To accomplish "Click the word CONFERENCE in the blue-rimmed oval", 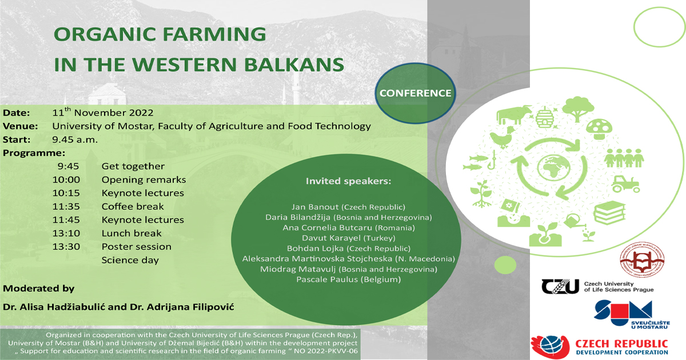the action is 415,93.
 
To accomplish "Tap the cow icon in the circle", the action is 514,114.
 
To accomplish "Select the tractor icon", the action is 625,184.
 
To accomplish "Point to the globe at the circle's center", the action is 553,168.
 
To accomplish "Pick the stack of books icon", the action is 609,213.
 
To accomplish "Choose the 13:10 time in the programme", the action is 66,233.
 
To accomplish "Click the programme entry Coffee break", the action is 133,206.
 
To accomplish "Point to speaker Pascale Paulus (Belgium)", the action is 349,279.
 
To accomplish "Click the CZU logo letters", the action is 560,286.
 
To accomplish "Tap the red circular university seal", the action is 642,259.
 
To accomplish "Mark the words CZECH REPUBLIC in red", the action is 622,344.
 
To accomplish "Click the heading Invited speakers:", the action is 349,181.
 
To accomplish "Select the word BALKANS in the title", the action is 294,64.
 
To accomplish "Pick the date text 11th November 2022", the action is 102,112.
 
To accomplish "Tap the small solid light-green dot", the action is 505,265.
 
